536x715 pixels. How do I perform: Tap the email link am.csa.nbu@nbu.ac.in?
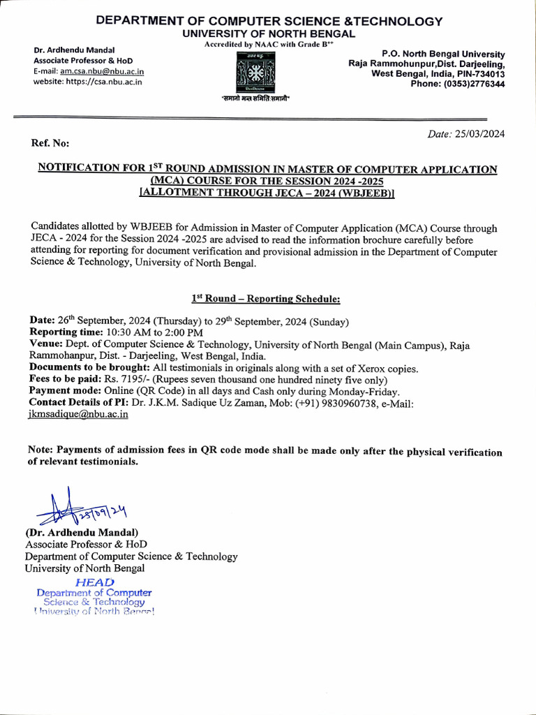pos(102,71)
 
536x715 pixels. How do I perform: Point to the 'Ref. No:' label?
pos(50,143)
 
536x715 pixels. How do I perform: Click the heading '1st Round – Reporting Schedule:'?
pos(266,299)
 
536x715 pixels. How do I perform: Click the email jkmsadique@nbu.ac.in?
pos(78,414)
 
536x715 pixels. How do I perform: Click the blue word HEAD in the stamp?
pos(94,582)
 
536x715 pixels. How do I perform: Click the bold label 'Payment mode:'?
pos(65,392)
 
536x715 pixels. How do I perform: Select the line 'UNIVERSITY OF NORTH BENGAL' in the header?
pos(269,34)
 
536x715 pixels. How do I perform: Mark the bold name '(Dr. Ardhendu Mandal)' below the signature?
pos(82,533)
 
